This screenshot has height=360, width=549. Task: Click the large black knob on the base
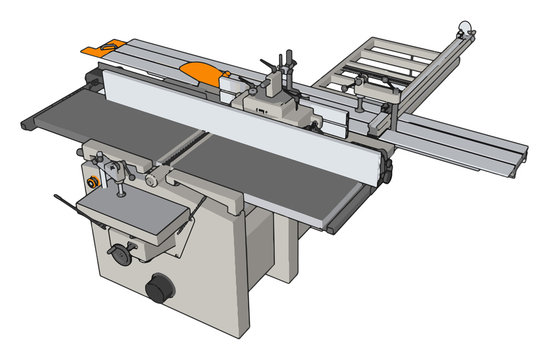(x=157, y=289)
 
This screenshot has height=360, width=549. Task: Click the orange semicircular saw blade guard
(x=201, y=70)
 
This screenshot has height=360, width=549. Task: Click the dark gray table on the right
(x=270, y=180)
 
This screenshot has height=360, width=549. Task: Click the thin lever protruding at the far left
(x=64, y=203)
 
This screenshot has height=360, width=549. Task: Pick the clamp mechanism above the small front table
(x=111, y=165)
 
